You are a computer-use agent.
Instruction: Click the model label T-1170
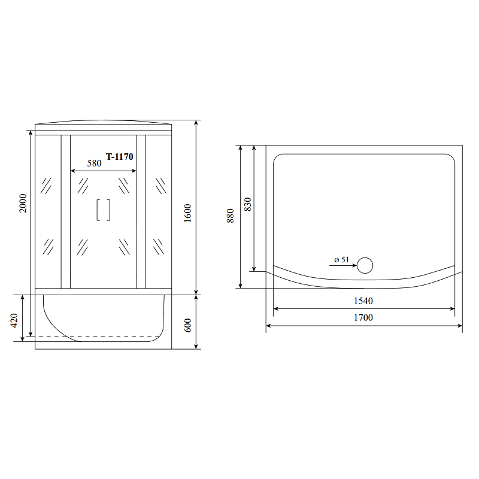[x=119, y=157]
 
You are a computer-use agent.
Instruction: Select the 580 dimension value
[x=94, y=163]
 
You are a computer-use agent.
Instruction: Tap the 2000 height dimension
[x=23, y=203]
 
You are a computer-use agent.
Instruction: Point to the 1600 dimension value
[x=187, y=213]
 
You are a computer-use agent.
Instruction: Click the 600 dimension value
[x=187, y=325]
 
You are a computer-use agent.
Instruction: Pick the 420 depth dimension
[x=14, y=320]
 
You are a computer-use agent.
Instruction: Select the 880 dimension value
[x=231, y=216]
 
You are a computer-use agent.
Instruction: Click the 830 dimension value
[x=248, y=204]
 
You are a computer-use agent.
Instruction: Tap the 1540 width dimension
[x=363, y=301]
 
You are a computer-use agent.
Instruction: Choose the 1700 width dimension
[x=363, y=318]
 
